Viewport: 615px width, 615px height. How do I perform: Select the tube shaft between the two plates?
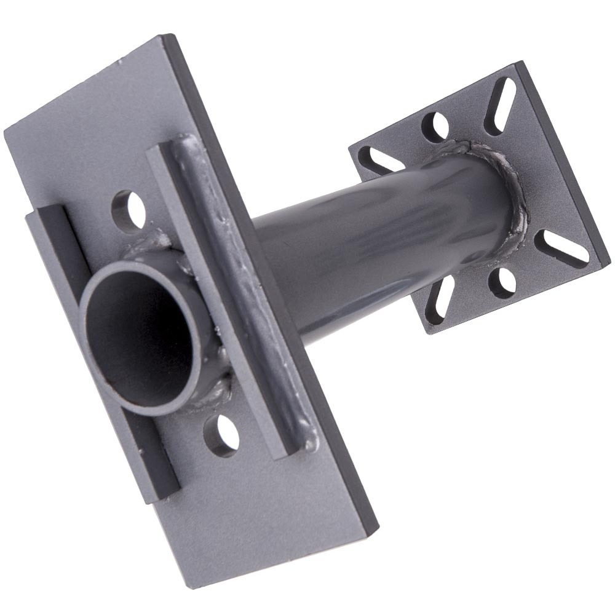point(369,240)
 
